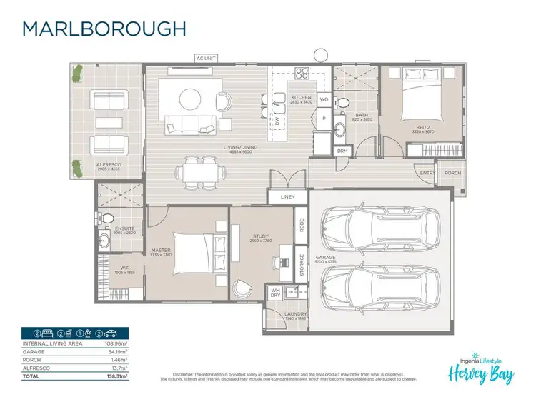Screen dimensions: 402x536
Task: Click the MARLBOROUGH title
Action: [104, 28]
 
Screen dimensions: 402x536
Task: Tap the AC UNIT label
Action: [206, 59]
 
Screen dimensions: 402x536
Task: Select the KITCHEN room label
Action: [301, 96]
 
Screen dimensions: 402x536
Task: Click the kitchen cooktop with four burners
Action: [302, 74]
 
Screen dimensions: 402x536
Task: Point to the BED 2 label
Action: [424, 126]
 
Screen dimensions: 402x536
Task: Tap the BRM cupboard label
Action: [342, 151]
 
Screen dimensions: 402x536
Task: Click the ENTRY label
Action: [428, 173]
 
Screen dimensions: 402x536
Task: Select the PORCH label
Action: [452, 173]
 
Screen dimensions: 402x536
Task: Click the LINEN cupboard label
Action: [288, 196]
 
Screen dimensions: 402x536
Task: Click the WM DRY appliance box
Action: [275, 293]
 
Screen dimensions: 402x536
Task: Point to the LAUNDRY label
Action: [296, 313]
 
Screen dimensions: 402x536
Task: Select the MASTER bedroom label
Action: [161, 251]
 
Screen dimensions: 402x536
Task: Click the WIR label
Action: [124, 269]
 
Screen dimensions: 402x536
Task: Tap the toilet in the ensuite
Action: [106, 218]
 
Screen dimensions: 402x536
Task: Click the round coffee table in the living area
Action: [190, 97]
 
